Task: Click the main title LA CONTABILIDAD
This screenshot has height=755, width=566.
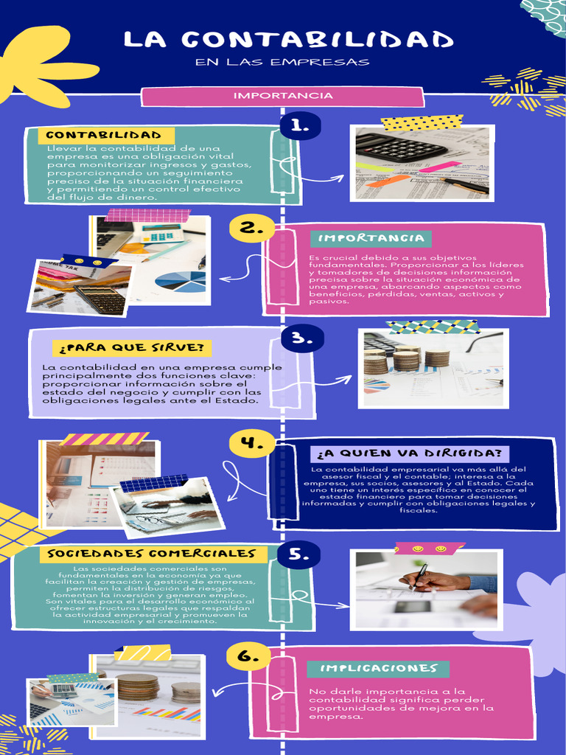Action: pos(288,40)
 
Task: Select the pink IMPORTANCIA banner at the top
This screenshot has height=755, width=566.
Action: pos(283,96)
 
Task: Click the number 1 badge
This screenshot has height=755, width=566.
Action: pos(299,126)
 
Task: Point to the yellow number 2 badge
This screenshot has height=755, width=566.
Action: pos(251,229)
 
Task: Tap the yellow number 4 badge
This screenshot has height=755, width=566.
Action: pos(251,443)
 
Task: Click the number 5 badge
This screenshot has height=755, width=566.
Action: pos(298,554)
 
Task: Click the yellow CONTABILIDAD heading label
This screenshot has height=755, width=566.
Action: pos(103,136)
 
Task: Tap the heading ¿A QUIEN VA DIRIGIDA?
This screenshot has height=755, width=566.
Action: pos(410,453)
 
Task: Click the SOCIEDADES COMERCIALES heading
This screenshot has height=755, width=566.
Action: pos(152,553)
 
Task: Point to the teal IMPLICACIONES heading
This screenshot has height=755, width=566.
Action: pos(379,668)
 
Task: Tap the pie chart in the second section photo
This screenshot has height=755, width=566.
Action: pos(181,281)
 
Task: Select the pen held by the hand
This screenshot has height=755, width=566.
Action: pos(418,576)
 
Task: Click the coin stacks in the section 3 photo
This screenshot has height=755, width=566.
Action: pos(405,359)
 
